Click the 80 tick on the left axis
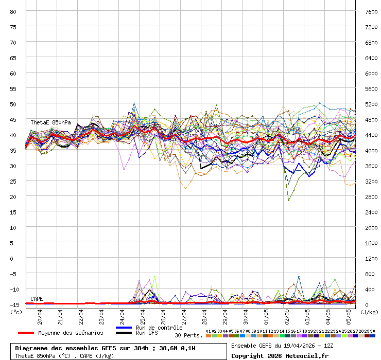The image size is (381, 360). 13,11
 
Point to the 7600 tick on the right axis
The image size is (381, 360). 371,11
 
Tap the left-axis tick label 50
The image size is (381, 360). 13,104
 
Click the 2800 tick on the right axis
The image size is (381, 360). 371,196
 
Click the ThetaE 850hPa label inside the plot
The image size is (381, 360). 50,122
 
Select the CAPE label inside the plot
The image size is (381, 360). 37,299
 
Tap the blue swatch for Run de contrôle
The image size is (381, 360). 124,328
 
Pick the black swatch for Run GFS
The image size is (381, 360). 124,333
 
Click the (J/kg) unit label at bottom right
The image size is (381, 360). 369,312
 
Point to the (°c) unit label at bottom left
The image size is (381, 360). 16,312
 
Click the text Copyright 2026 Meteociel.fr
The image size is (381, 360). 279,355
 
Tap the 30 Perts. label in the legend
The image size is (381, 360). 188,335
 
